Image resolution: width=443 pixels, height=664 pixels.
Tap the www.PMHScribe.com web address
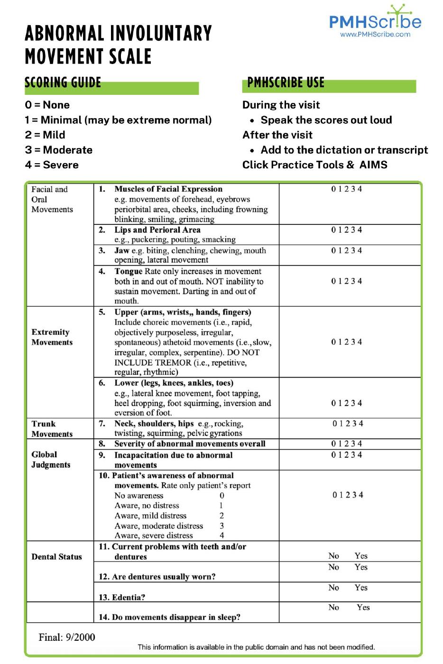tap(375, 34)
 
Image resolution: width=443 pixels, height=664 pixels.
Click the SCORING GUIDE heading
tap(63, 83)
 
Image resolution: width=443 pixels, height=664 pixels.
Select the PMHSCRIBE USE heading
tap(286, 83)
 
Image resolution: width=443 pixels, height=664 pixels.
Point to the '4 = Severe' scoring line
tap(52, 165)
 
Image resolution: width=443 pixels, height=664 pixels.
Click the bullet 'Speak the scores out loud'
tap(326, 120)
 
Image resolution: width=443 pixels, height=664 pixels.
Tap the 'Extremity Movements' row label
tap(52, 337)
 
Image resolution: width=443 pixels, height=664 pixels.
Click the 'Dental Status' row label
tap(56, 557)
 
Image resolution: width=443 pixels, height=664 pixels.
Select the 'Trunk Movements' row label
tap(52, 429)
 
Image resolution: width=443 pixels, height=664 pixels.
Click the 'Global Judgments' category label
tap(51, 460)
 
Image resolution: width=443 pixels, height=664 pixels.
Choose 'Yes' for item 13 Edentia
tap(361, 588)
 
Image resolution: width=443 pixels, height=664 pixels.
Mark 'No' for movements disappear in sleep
tap(334, 608)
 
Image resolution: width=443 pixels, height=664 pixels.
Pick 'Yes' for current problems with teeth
tap(361, 556)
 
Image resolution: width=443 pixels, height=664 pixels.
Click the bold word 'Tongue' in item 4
tap(128, 271)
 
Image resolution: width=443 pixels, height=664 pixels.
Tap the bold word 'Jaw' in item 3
tap(121, 250)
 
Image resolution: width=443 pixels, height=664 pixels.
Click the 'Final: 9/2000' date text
tap(67, 637)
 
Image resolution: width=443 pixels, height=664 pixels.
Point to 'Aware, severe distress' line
tap(154, 535)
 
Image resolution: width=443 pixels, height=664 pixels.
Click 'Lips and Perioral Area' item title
tap(157, 230)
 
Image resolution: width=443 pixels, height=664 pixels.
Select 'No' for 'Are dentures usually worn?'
tap(334, 567)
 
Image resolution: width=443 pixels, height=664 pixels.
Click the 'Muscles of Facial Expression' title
tap(168, 189)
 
